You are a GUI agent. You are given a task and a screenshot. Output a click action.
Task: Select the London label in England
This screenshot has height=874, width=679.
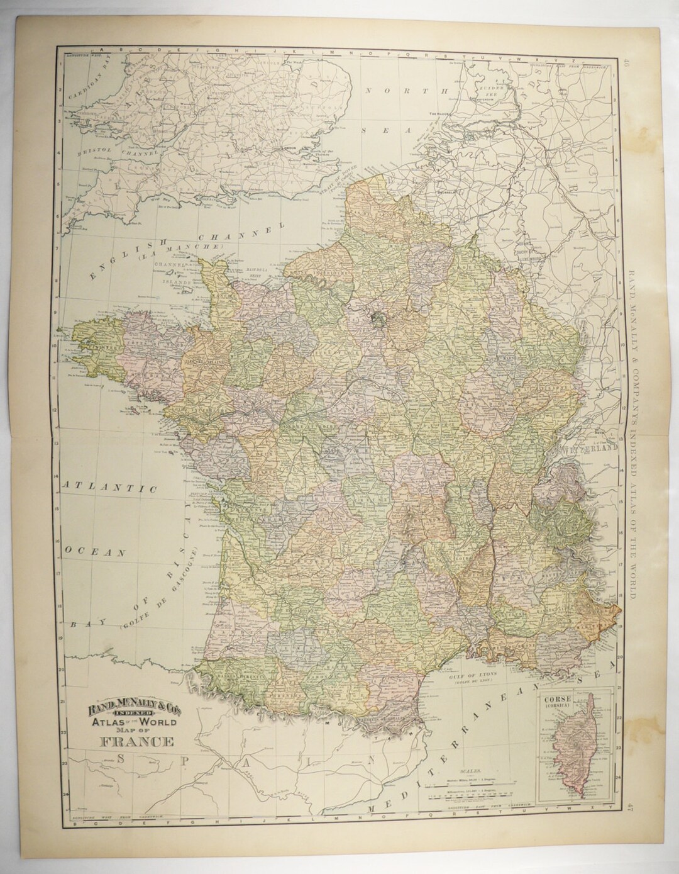(x=290, y=151)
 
